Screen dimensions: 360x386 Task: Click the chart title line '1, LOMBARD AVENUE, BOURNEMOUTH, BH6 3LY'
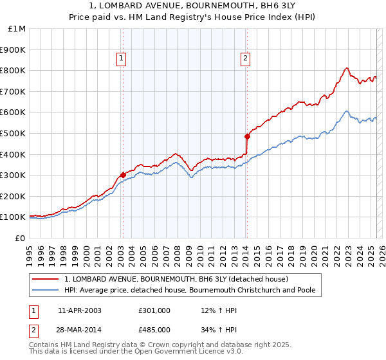(x=193, y=6)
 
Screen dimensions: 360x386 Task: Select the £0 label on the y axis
(x=21, y=238)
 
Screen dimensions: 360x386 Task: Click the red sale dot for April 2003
(x=123, y=175)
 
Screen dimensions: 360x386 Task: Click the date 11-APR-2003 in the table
(x=79, y=310)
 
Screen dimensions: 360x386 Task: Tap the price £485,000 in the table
(x=154, y=329)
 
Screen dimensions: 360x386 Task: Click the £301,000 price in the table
(x=154, y=310)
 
